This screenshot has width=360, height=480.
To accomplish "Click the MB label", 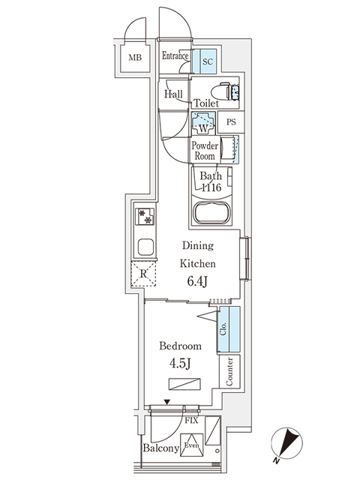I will (134, 58).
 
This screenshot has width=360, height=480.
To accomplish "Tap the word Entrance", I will (175, 56).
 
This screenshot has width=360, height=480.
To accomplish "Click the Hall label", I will (175, 94).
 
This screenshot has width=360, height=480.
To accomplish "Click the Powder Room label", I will (204, 150).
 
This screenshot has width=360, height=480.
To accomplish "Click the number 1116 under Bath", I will (211, 188).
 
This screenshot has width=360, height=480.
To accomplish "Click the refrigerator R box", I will (143, 274).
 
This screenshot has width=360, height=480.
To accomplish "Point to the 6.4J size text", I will (197, 281).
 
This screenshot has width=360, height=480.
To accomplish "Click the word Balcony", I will (160, 448).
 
